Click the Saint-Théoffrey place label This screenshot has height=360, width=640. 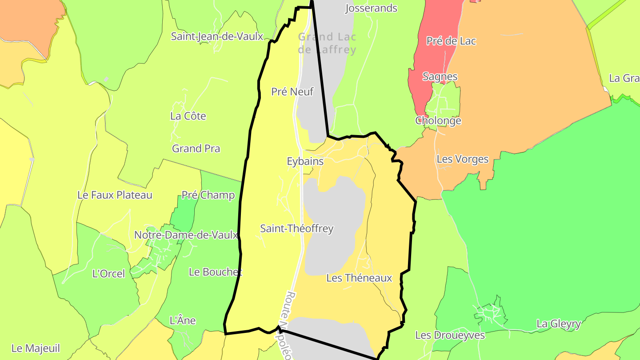[x=296, y=228]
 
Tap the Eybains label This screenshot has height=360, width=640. [x=305, y=161]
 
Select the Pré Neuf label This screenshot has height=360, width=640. [x=292, y=92]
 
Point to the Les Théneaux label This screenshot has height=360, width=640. [x=359, y=278]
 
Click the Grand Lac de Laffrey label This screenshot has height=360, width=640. [x=327, y=43]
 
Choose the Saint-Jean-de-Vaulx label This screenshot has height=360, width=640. [x=217, y=36]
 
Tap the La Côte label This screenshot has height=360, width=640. [x=188, y=116]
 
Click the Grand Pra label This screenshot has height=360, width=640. [x=196, y=148]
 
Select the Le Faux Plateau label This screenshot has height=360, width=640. [x=115, y=195]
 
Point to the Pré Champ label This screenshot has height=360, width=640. [x=208, y=195]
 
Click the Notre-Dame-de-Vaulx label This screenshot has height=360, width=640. [x=186, y=235]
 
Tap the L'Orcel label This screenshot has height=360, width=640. [x=108, y=274]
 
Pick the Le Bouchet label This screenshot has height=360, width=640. [x=216, y=272]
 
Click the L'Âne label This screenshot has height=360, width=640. [x=183, y=320]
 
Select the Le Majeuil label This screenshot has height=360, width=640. [x=36, y=348]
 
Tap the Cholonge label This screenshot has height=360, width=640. [x=438, y=120]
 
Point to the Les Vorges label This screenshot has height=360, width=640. [x=462, y=159]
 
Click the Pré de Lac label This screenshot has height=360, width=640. [x=451, y=41]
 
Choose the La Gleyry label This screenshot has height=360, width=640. [x=559, y=324]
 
